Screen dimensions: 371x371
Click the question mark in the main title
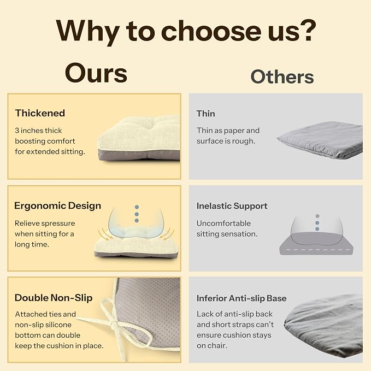[x=307, y=30]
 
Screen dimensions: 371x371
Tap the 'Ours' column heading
[x=96, y=73]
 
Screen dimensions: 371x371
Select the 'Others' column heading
[x=282, y=76]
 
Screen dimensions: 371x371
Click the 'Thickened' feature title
[x=40, y=113]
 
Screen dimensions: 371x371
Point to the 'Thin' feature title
[x=206, y=114]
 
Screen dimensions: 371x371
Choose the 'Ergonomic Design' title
[x=57, y=206]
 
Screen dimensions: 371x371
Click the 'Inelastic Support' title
[x=232, y=206]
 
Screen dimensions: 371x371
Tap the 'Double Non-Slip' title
[x=54, y=298]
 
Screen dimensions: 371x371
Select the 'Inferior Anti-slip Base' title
[x=242, y=298]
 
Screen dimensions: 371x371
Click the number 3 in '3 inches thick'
[x=17, y=131]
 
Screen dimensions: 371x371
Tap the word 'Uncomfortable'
[x=223, y=223]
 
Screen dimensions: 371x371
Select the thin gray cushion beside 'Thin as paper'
[x=320, y=139]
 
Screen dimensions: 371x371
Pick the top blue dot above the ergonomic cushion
[x=137, y=207]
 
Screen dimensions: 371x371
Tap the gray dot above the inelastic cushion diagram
[x=317, y=216]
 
